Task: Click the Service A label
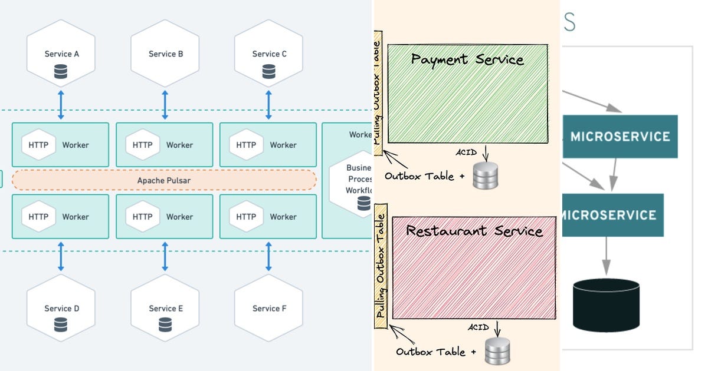click(61, 54)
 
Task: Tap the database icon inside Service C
click(269, 72)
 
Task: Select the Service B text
click(165, 54)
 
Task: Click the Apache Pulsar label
click(164, 180)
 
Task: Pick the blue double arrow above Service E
click(165, 256)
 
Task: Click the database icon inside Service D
click(61, 324)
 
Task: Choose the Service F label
click(269, 308)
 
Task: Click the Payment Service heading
click(467, 59)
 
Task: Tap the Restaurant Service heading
click(474, 231)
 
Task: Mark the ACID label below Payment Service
click(466, 153)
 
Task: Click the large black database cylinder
click(606, 305)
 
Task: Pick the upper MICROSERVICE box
click(619, 137)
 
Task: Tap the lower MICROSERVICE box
click(611, 215)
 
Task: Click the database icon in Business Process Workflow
click(364, 204)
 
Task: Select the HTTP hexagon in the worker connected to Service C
click(247, 145)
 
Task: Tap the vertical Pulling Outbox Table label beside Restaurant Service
click(381, 266)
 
